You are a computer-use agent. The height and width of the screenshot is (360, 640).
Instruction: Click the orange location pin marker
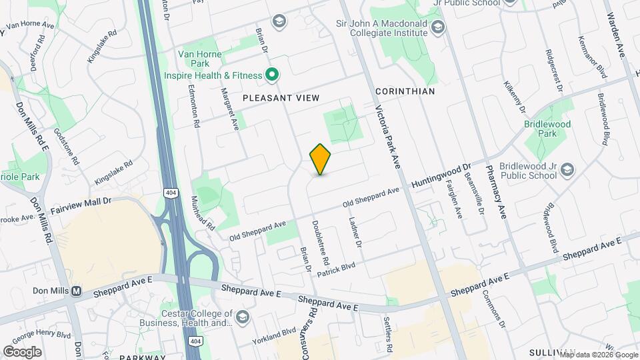click(321, 159)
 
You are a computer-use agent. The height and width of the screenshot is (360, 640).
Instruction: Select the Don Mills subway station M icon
click(77, 291)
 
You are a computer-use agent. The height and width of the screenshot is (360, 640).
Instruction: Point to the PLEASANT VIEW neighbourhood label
click(281, 97)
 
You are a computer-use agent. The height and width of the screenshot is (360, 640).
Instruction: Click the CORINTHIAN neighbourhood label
click(405, 91)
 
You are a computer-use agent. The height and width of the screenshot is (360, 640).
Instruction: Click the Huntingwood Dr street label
click(441, 175)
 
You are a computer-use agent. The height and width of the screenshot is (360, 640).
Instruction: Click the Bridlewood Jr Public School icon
click(567, 169)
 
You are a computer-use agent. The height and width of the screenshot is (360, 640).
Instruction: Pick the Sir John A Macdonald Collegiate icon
click(438, 27)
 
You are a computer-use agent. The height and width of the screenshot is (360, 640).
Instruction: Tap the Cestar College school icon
click(241, 316)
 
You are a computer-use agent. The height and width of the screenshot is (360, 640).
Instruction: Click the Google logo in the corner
click(22, 351)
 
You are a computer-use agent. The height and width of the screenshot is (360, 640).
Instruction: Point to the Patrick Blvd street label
click(336, 269)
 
